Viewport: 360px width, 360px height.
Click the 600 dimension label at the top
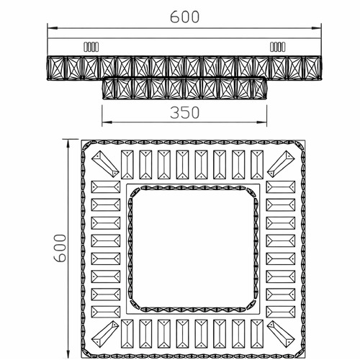(x=184, y=17)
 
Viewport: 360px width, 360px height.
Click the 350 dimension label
(x=184, y=112)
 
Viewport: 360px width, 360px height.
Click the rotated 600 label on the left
(x=60, y=248)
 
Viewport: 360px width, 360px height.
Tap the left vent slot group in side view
(x=91, y=47)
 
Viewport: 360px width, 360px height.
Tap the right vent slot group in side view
(x=278, y=47)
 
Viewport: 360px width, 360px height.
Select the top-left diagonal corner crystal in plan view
(x=105, y=164)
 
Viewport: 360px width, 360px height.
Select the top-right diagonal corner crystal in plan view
(x=281, y=164)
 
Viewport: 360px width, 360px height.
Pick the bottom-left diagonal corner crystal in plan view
(x=105, y=334)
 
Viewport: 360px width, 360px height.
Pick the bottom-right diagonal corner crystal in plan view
(x=281, y=334)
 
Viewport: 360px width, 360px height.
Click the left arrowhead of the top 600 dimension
(x=53, y=28)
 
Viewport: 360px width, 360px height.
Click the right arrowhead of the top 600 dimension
(x=316, y=28)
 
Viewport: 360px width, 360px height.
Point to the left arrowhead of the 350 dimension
(x=107, y=122)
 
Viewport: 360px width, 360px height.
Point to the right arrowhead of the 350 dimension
(x=261, y=122)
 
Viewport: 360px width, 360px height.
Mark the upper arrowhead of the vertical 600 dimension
(x=68, y=145)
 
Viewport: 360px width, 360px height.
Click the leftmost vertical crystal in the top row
(x=127, y=165)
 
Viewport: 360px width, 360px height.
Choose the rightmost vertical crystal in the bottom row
(x=257, y=334)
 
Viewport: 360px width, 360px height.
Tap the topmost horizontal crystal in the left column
(x=106, y=187)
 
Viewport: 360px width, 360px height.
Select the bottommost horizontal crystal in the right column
(x=281, y=312)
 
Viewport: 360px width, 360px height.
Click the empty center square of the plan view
(x=193, y=249)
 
